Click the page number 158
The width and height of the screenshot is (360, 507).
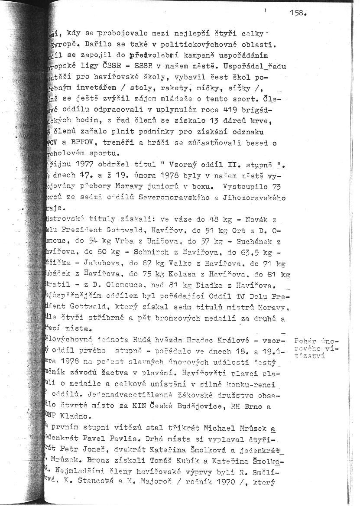pos(298,13)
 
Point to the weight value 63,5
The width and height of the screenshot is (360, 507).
pos(250,252)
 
